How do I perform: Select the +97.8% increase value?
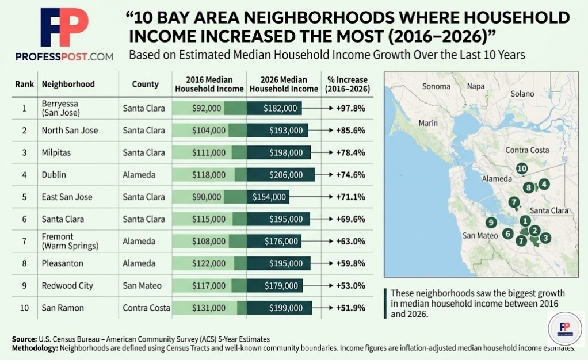tap(351, 108)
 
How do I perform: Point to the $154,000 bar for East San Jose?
tap(268, 197)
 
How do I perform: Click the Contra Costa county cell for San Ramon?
tap(146, 308)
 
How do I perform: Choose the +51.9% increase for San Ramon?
tap(351, 308)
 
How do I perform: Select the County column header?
tap(145, 84)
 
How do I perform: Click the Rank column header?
tap(24, 84)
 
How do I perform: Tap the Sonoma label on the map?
tap(437, 87)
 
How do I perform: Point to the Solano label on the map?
tap(522, 94)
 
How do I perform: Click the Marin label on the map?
tap(428, 122)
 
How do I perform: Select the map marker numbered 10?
tap(522, 168)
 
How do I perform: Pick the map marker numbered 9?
tap(491, 222)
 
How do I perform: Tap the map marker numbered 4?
tap(544, 184)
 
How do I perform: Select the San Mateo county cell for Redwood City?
tap(142, 286)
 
